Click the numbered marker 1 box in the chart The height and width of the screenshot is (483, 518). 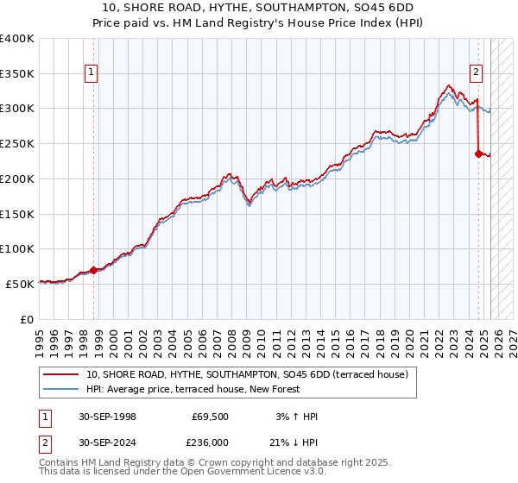tap(91, 73)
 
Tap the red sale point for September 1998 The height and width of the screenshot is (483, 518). tap(93, 270)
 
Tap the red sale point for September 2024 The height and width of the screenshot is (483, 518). tap(478, 154)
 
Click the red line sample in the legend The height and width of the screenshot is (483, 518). tap(62, 375)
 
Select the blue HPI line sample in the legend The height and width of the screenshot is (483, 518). tap(62, 390)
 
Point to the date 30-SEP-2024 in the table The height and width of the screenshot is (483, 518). tap(107, 442)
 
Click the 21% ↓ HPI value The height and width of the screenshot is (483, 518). tap(294, 442)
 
